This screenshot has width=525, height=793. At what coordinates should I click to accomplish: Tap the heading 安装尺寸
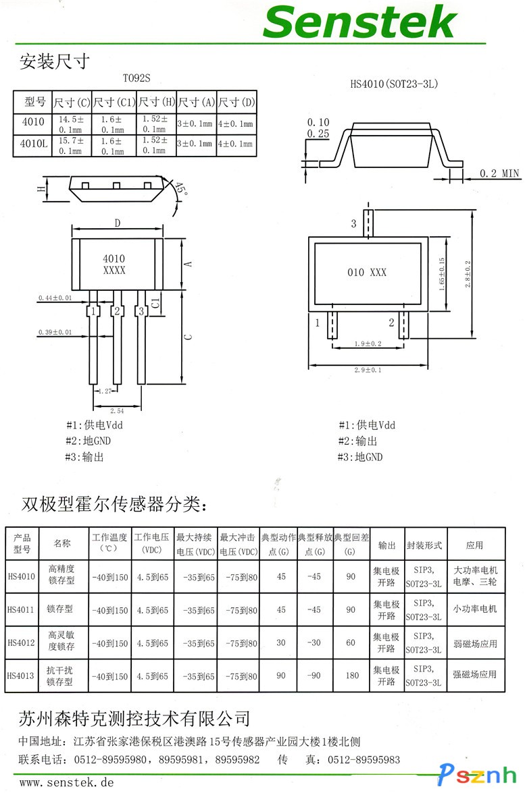click(54, 62)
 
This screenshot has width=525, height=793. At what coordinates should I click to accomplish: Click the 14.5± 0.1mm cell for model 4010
click(71, 124)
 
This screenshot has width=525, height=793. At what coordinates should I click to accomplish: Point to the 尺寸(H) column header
click(157, 103)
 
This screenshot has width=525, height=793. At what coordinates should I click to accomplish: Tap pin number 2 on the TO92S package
click(117, 311)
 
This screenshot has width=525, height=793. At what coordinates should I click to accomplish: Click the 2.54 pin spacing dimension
click(117, 410)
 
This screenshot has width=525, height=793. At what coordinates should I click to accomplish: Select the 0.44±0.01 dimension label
click(55, 298)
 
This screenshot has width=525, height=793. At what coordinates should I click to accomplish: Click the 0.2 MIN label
click(500, 174)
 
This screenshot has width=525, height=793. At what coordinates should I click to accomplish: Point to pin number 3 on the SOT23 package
click(353, 223)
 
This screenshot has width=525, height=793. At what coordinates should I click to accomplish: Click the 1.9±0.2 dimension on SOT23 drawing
click(368, 344)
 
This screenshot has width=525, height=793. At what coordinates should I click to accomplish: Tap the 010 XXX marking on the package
click(367, 272)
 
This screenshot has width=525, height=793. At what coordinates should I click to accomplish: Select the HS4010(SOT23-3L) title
click(395, 84)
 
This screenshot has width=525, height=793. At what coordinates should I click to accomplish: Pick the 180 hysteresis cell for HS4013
click(351, 675)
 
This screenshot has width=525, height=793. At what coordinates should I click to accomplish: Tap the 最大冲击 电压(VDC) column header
click(238, 544)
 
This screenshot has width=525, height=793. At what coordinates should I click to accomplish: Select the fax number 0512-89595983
click(364, 759)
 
